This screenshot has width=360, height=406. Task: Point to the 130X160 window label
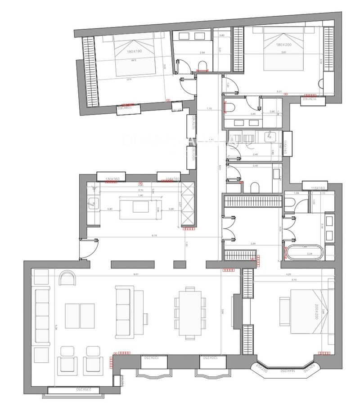coord(112,179)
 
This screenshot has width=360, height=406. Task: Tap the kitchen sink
coord(94,203)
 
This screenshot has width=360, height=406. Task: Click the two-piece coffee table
coord(80,316)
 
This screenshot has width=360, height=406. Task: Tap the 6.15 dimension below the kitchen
coord(154,236)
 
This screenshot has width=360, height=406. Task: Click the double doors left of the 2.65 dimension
coord(230,227)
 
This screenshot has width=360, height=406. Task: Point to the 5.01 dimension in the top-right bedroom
coord(279,91)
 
